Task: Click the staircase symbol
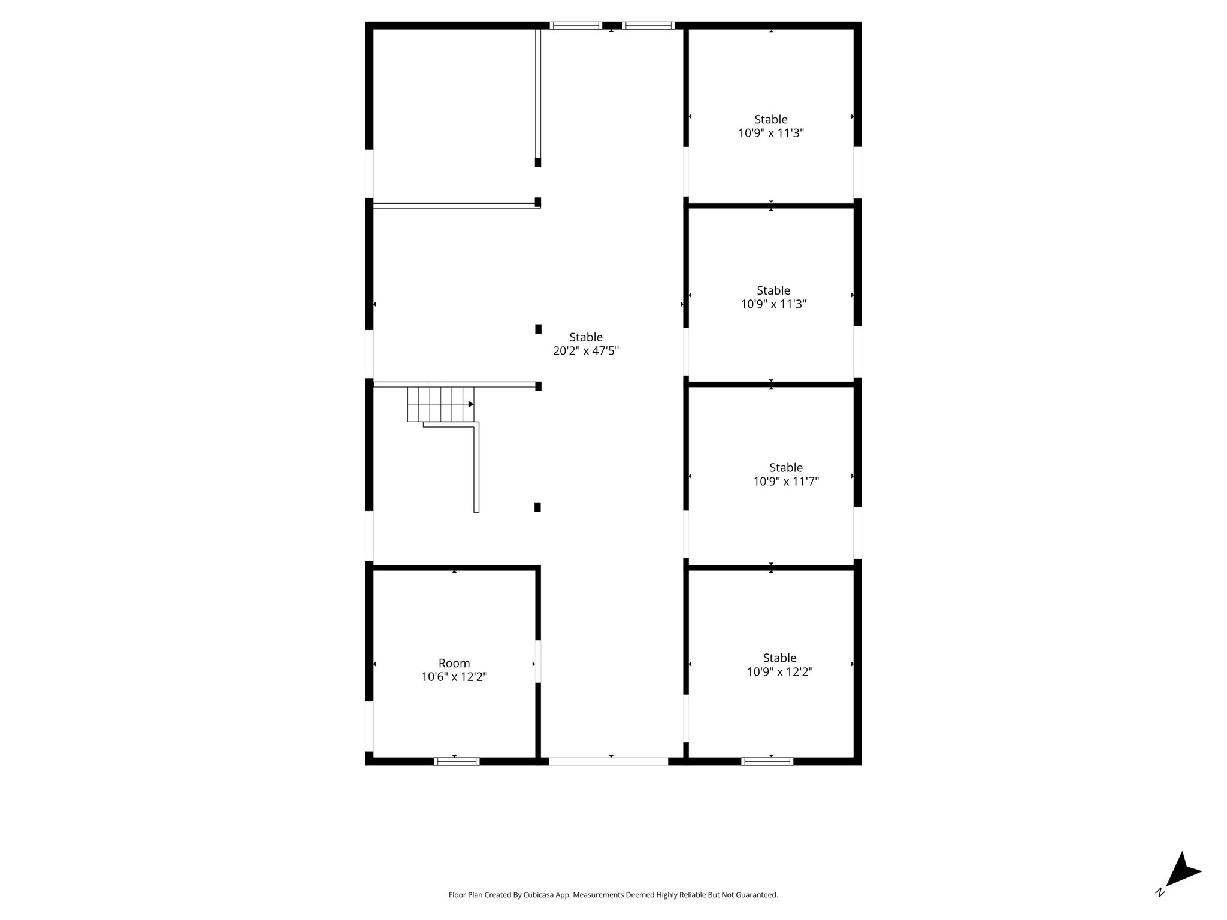pyautogui.click(x=440, y=404)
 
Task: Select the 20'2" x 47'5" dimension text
pyautogui.click(x=586, y=351)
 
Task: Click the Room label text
pyautogui.click(x=454, y=663)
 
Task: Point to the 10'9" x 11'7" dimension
pyautogui.click(x=786, y=481)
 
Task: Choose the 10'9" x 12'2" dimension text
pyautogui.click(x=779, y=671)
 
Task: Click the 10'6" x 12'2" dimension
pyautogui.click(x=454, y=677)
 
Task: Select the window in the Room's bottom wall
pyautogui.click(x=457, y=761)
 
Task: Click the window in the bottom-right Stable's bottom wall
pyautogui.click(x=767, y=761)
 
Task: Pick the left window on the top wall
pyautogui.click(x=576, y=26)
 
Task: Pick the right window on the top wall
pyautogui.click(x=648, y=26)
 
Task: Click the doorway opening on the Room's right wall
pyautogui.click(x=538, y=661)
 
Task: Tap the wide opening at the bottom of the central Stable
pyautogui.click(x=608, y=761)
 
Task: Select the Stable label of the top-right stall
pyautogui.click(x=771, y=119)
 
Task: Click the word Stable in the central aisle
pyautogui.click(x=586, y=337)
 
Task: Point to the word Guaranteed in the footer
pyautogui.click(x=761, y=895)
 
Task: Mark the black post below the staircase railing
pyautogui.click(x=537, y=507)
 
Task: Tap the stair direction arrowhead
pyautogui.click(x=471, y=404)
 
